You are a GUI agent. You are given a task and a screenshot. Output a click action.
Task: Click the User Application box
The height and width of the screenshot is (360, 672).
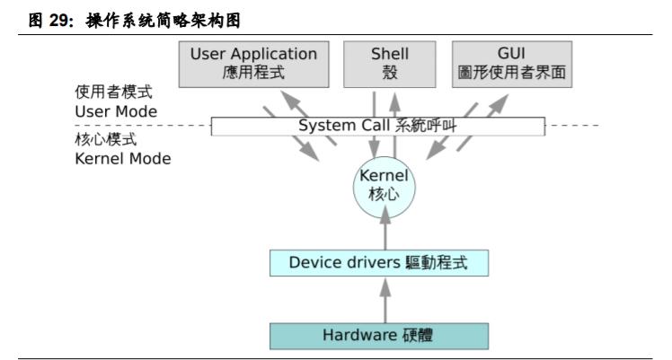253,63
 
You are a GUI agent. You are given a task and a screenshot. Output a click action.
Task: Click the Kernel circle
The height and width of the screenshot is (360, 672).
384,184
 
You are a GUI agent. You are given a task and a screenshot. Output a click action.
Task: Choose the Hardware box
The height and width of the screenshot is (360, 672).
380,336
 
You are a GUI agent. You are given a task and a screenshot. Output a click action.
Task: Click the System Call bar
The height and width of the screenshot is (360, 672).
377,126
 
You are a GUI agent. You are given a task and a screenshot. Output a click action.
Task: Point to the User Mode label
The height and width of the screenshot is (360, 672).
116,111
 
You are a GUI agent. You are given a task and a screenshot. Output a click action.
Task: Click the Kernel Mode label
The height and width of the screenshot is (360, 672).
122,158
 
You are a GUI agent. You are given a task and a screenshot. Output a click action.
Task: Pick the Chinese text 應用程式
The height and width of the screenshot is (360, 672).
253,73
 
